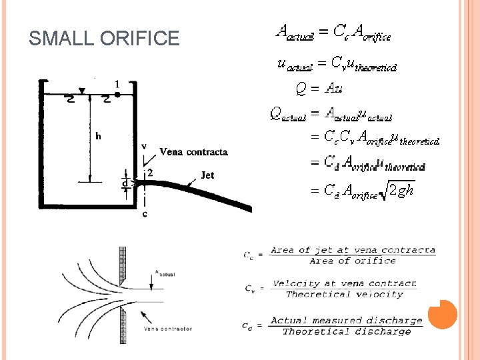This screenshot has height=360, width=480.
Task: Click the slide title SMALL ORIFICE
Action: click(x=104, y=38)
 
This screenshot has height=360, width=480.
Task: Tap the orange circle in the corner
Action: click(x=443, y=314)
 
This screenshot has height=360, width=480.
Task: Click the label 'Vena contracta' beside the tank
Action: click(x=193, y=152)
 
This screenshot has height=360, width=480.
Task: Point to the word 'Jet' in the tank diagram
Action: click(x=208, y=176)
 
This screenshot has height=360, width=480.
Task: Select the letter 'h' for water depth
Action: click(x=98, y=137)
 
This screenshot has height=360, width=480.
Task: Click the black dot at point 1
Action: click(x=117, y=95)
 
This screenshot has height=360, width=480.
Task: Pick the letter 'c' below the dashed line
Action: click(x=145, y=214)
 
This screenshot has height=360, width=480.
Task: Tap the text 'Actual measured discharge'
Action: click(x=347, y=321)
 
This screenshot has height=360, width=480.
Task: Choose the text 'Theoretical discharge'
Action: click(x=347, y=331)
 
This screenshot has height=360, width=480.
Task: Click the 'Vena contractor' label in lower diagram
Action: click(x=168, y=329)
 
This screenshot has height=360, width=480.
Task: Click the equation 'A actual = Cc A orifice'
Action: click(x=333, y=31)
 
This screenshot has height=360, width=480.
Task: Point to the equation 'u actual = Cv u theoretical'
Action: click(x=337, y=63)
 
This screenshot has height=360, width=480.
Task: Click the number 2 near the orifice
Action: click(x=150, y=173)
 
